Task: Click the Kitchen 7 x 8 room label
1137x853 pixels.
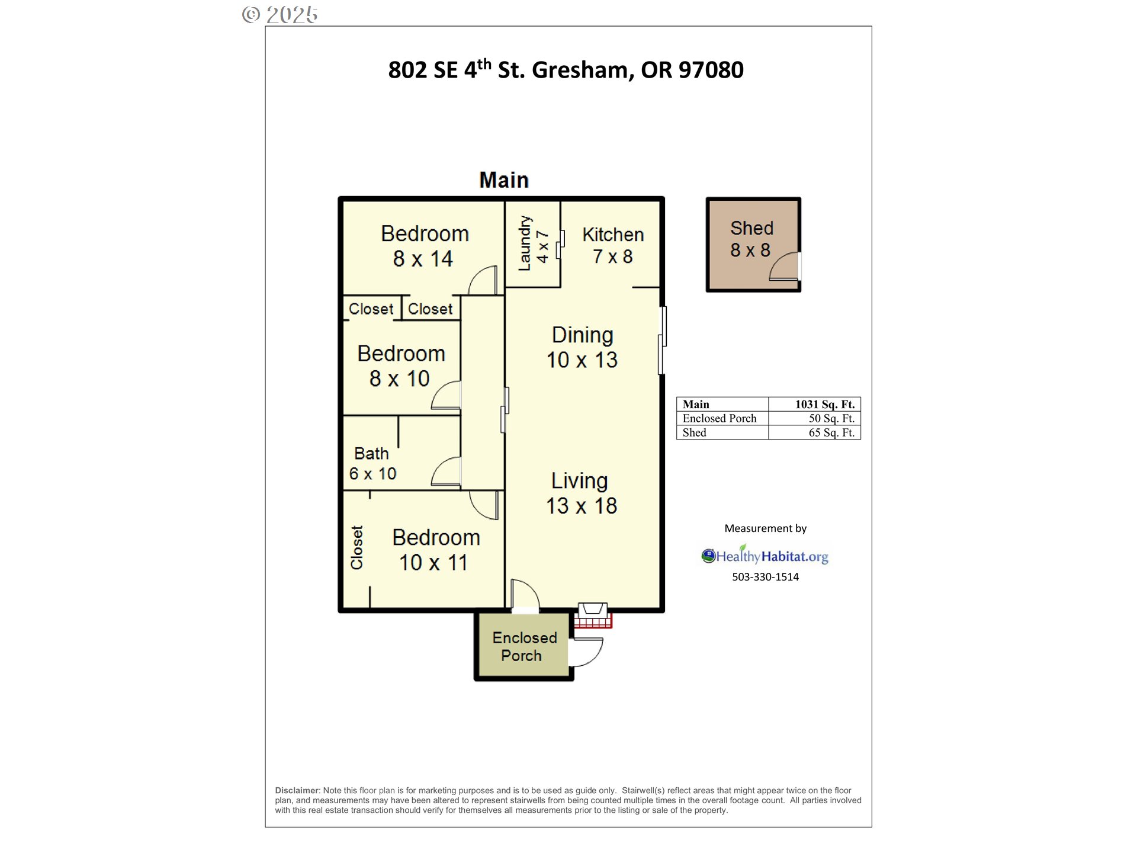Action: pyautogui.click(x=613, y=245)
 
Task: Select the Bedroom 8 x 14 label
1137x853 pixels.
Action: pyautogui.click(x=424, y=246)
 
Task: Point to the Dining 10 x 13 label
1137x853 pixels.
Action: pyautogui.click(x=582, y=347)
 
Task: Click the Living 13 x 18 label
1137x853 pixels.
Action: pyautogui.click(x=580, y=493)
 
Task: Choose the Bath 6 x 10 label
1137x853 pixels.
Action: pyautogui.click(x=372, y=463)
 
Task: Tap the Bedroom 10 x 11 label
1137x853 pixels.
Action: pyautogui.click(x=435, y=550)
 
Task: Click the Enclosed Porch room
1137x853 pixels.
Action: pyautogui.click(x=523, y=646)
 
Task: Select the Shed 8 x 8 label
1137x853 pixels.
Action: pyautogui.click(x=751, y=239)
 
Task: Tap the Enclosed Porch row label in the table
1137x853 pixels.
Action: pyautogui.click(x=719, y=419)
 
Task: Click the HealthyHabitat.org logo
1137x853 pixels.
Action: pyautogui.click(x=765, y=556)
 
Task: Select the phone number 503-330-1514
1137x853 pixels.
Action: pyautogui.click(x=765, y=577)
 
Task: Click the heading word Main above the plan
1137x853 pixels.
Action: pyautogui.click(x=503, y=180)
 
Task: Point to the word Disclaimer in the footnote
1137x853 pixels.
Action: pyautogui.click(x=297, y=790)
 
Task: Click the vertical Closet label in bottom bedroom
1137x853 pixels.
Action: pyautogui.click(x=356, y=548)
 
